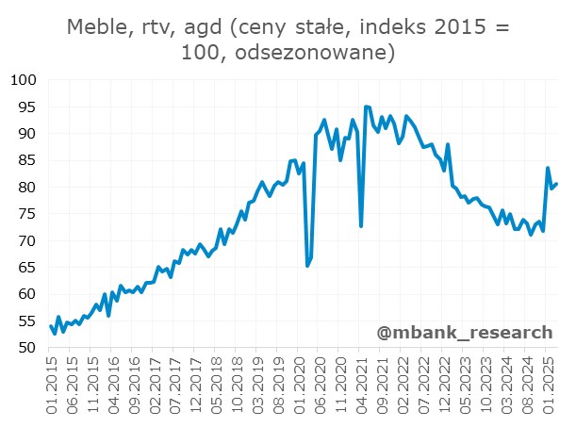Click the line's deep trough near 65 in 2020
(307, 266)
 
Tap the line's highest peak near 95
(366, 107)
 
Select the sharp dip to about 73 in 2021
(361, 225)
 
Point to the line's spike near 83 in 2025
(548, 169)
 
